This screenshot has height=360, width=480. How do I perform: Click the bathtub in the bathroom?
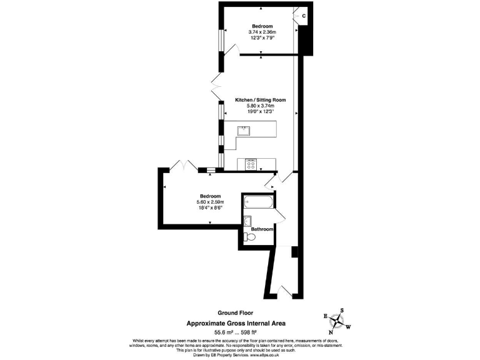pyautogui.click(x=258, y=202)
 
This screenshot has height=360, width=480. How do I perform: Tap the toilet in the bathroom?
pyautogui.click(x=251, y=237)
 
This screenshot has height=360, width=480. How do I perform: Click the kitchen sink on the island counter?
pyautogui.click(x=242, y=131)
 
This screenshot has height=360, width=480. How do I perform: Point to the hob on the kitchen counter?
pyautogui.click(x=252, y=164)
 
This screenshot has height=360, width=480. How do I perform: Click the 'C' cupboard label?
pyautogui.click(x=304, y=15)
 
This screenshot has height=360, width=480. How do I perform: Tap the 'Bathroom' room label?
pyautogui.click(x=262, y=229)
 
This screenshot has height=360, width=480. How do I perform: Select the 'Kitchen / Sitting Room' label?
pyautogui.click(x=260, y=100)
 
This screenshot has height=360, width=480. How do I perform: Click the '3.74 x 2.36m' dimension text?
pyautogui.click(x=262, y=32)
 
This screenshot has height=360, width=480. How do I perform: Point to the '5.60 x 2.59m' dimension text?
pyautogui.click(x=210, y=202)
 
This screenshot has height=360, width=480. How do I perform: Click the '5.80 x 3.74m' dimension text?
pyautogui.click(x=260, y=106)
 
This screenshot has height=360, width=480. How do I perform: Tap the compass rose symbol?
pyautogui.click(x=338, y=321)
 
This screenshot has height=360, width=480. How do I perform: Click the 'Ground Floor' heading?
pyautogui.click(x=235, y=312)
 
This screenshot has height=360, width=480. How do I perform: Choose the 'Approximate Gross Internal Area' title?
pyautogui.click(x=237, y=322)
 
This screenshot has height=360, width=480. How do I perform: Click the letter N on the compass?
pyautogui.click(x=331, y=332)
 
